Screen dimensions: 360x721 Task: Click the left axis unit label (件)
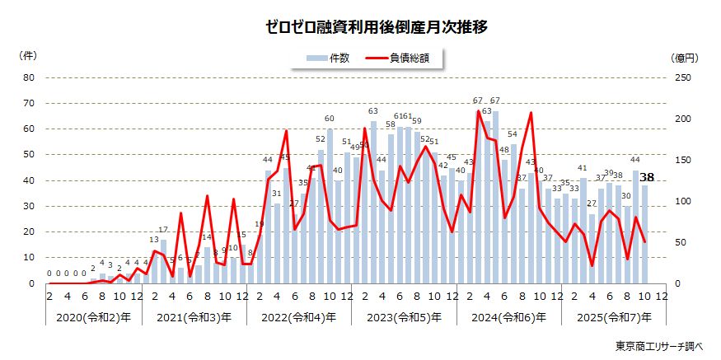(x=28, y=55)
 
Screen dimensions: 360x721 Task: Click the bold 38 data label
(x=647, y=177)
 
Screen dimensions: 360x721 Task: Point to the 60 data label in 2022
(x=330, y=119)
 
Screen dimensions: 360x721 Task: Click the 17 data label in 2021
(x=163, y=230)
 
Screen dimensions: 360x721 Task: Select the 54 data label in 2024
(x=513, y=134)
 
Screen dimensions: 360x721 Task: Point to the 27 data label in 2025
(x=592, y=203)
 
